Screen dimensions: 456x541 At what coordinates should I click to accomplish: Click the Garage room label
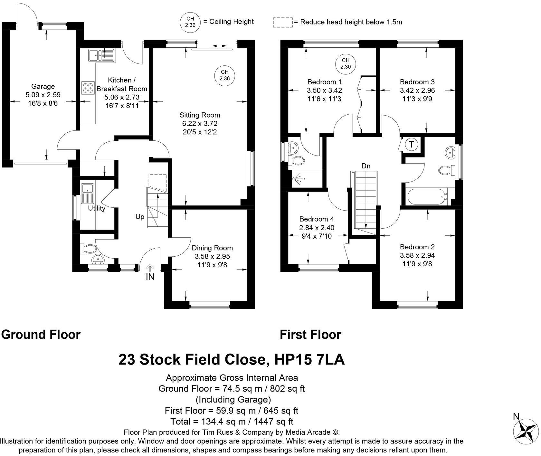tap(43, 86)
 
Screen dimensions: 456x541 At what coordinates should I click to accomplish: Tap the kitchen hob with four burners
tap(88, 87)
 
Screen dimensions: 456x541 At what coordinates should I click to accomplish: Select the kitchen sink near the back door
tap(100, 55)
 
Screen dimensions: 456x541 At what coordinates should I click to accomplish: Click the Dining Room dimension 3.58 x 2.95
tap(212, 256)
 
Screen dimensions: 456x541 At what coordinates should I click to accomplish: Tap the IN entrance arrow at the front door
tap(150, 268)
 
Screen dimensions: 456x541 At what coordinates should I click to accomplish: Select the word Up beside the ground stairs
tap(140, 217)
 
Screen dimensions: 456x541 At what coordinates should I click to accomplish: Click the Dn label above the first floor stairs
tap(366, 166)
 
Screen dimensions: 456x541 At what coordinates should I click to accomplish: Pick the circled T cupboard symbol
tap(412, 144)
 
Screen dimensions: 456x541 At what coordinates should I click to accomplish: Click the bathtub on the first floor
tap(426, 197)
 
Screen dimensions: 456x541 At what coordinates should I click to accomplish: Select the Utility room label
tap(97, 208)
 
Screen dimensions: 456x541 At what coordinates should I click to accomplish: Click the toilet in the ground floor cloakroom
tap(90, 249)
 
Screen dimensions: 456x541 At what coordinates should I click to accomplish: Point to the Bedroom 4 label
tap(317, 219)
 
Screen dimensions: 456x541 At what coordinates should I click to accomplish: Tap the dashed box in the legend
tap(283, 22)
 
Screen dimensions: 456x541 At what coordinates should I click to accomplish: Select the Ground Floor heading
tap(41, 335)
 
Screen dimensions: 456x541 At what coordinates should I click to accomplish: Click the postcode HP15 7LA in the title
tap(309, 360)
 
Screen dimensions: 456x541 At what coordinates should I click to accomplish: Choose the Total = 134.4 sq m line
tap(232, 421)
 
